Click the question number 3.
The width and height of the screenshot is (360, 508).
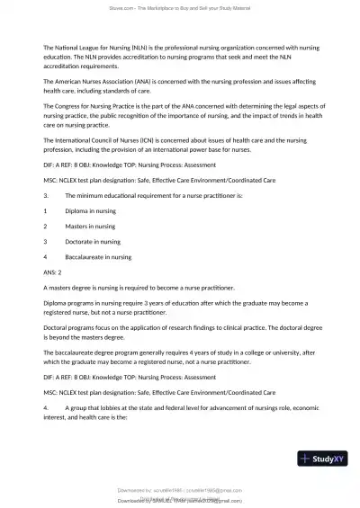coord(45,194)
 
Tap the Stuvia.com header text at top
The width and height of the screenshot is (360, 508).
coord(179,7)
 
